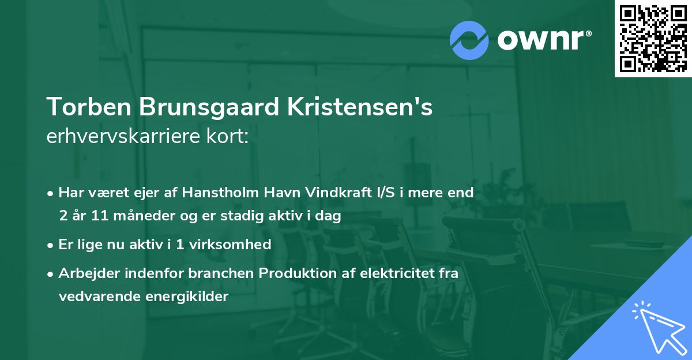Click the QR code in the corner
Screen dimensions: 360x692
[653, 39]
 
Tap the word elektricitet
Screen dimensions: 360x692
[397, 273]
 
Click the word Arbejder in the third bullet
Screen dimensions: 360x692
[86, 273]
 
